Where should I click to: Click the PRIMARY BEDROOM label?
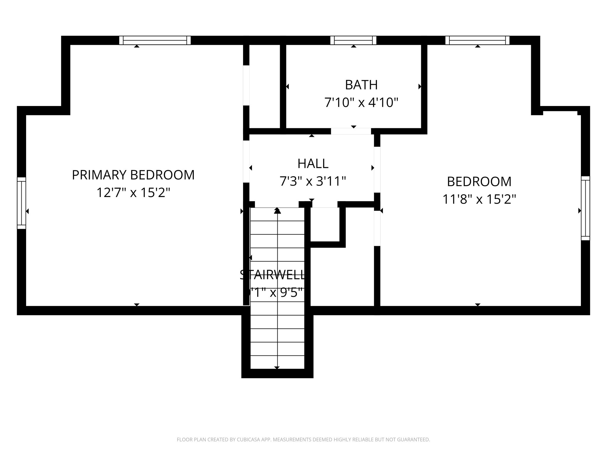(133, 175)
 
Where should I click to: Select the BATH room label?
(361, 85)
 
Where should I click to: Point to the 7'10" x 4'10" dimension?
(361, 103)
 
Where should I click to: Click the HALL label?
(313, 164)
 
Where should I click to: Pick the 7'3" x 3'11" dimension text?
(313, 181)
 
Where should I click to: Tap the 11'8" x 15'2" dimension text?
(479, 199)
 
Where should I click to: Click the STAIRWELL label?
(272, 275)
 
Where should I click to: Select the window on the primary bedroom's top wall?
(155, 40)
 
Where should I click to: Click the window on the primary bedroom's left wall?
(21, 203)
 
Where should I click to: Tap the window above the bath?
(353, 40)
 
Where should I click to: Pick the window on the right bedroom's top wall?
(477, 40)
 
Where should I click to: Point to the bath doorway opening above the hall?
(351, 131)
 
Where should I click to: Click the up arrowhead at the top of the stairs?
(277, 211)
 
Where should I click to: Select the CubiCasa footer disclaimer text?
(303, 440)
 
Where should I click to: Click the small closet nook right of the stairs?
(325, 224)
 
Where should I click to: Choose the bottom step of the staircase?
(277, 362)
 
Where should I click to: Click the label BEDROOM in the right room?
(479, 182)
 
